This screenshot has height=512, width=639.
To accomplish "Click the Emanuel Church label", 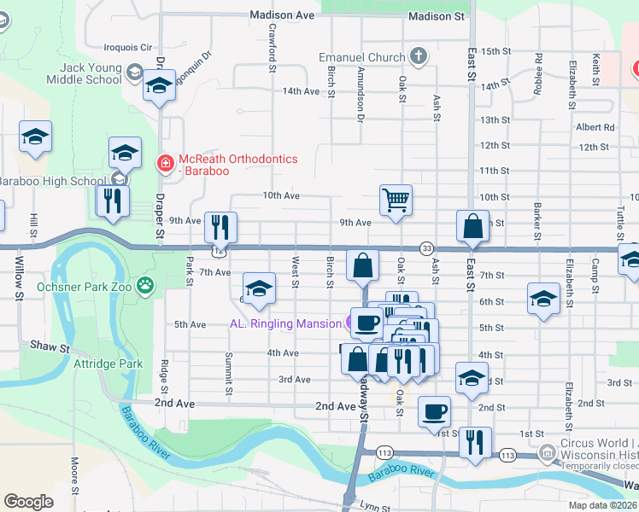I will (x=361, y=57).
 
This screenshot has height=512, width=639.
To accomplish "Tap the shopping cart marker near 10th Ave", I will (x=396, y=201).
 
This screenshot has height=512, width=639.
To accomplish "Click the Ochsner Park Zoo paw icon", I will (x=147, y=286).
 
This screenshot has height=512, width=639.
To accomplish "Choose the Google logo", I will (x=28, y=502).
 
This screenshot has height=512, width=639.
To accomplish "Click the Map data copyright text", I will (x=603, y=505).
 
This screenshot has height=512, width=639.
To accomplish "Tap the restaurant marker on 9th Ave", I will (x=220, y=228).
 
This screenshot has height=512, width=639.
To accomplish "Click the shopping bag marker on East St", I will (x=472, y=227).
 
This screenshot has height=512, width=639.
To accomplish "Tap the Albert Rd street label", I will (x=595, y=127).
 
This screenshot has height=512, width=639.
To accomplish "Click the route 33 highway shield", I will (x=426, y=247).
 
